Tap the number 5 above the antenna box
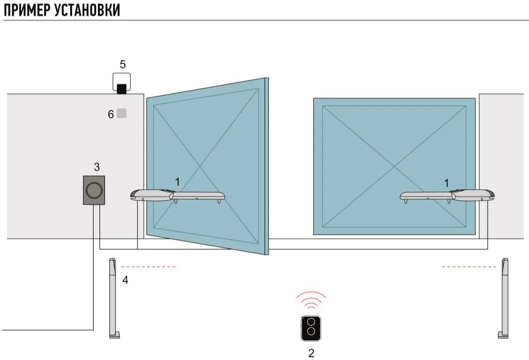click(x=122, y=65)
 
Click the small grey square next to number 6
click(x=122, y=113)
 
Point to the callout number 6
click(x=111, y=114)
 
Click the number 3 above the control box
click(x=97, y=167)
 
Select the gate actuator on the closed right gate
click(x=448, y=196)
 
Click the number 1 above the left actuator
click(x=177, y=181)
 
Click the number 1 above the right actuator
click(x=447, y=182)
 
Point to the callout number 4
click(x=125, y=280)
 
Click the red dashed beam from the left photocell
click(x=148, y=267)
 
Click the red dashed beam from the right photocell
click(x=469, y=267)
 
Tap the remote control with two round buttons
click(x=310, y=328)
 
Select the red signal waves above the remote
click(x=311, y=300)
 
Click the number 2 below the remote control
click(x=311, y=353)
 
